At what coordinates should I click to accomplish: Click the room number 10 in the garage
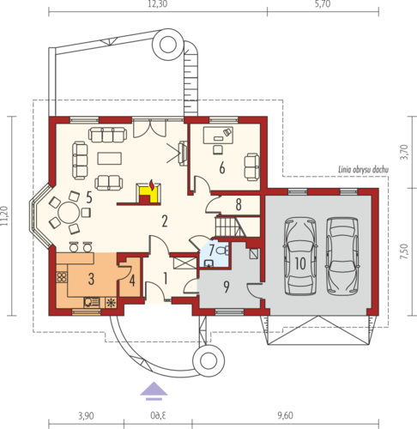(x=300, y=263)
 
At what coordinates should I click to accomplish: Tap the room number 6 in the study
(x=222, y=168)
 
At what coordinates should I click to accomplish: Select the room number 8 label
(x=239, y=204)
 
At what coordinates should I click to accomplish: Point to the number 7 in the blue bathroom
(x=211, y=251)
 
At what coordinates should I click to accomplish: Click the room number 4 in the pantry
(x=132, y=281)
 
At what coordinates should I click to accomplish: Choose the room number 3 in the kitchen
(x=91, y=279)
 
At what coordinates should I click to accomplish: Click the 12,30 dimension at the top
(x=158, y=4)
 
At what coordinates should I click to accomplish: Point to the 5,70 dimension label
(x=323, y=4)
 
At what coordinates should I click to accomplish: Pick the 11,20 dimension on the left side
(x=4, y=216)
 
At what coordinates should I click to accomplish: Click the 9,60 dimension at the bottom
(x=285, y=415)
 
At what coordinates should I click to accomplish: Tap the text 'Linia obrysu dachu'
(x=364, y=170)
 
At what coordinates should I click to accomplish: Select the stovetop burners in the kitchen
(x=62, y=277)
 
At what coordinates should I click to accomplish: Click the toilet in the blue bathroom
(x=223, y=251)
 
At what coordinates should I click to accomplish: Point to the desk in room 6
(x=218, y=136)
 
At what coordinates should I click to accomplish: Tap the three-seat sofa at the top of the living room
(x=107, y=135)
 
